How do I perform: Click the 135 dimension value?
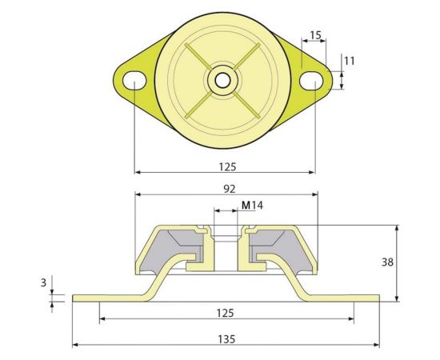click(x=226, y=339)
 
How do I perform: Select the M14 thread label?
click(x=253, y=206)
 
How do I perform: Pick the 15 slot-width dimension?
click(x=314, y=35)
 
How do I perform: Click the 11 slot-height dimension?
click(x=349, y=60)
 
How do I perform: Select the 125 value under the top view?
click(x=226, y=167)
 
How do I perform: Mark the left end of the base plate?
click(x=74, y=298)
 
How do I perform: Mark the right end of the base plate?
click(x=378, y=298)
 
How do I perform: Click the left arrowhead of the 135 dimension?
click(x=75, y=346)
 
